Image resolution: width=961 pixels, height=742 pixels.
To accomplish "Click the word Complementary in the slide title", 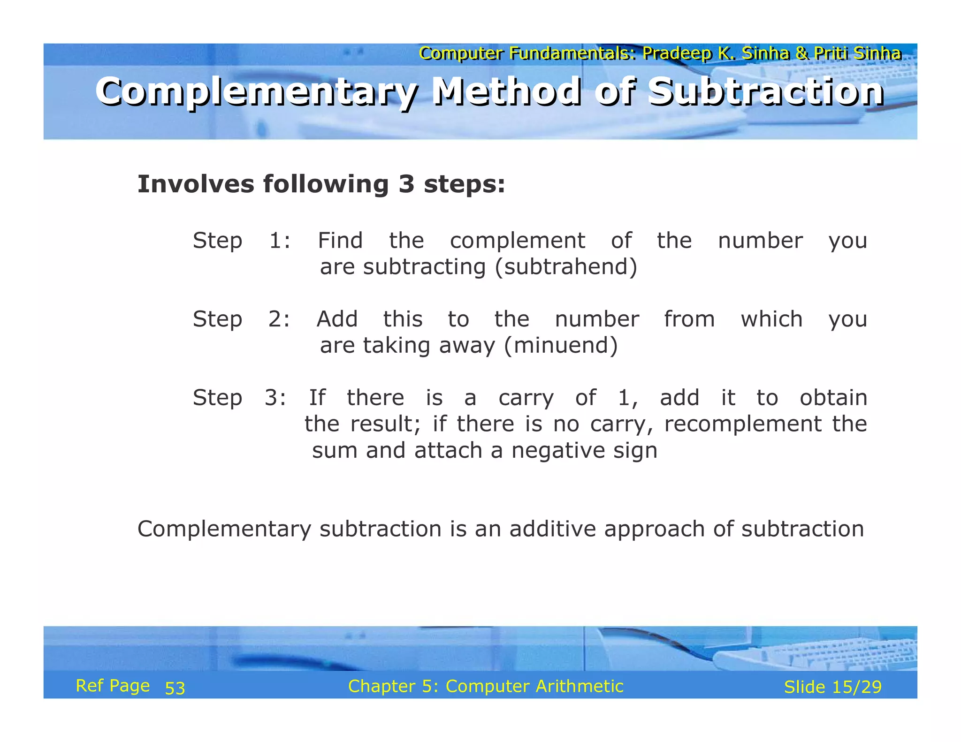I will coord(256,92).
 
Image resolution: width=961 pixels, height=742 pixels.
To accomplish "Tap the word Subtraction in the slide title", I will coord(766,92).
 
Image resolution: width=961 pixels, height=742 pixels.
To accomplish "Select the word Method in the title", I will coord(506,91).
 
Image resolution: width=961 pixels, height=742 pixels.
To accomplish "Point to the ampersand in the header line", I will coord(801,53).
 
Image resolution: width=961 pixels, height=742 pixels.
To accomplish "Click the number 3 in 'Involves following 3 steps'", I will coord(406,184).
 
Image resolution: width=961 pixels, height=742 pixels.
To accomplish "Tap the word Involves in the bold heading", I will coord(195,184).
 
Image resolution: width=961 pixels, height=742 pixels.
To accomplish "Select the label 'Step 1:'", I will coord(242,241).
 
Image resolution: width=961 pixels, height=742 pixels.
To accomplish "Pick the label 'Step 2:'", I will coord(242,319).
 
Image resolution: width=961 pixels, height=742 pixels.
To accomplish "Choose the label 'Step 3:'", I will coord(240,398).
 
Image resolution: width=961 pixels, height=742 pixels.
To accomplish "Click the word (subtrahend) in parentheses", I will coord(566,267).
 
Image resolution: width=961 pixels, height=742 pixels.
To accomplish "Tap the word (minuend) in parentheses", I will coord(561,346).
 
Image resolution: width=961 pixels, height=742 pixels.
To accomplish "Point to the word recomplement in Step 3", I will coord(743,424).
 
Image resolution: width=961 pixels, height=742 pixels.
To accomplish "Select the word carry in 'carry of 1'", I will coord(526,398).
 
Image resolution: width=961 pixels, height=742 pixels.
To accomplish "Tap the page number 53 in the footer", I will coord(175,688).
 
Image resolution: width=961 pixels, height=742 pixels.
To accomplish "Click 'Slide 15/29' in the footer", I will coord(833,687).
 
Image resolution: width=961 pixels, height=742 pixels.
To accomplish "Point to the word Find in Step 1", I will coord(340,241).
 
